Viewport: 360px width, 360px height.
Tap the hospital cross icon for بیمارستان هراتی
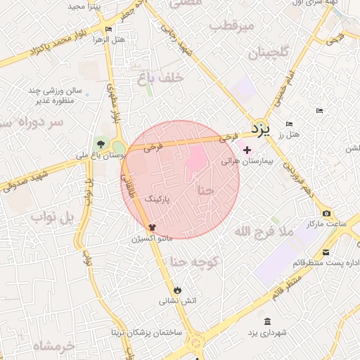point(247,149)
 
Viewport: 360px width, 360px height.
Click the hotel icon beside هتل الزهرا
point(108,29)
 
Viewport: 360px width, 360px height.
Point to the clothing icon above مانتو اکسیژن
point(151,227)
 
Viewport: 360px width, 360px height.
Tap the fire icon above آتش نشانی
point(177,289)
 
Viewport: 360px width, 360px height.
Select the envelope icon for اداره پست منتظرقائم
point(326,253)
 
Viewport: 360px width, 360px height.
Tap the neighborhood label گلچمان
point(268,53)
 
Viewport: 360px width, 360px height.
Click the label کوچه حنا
point(195,263)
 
